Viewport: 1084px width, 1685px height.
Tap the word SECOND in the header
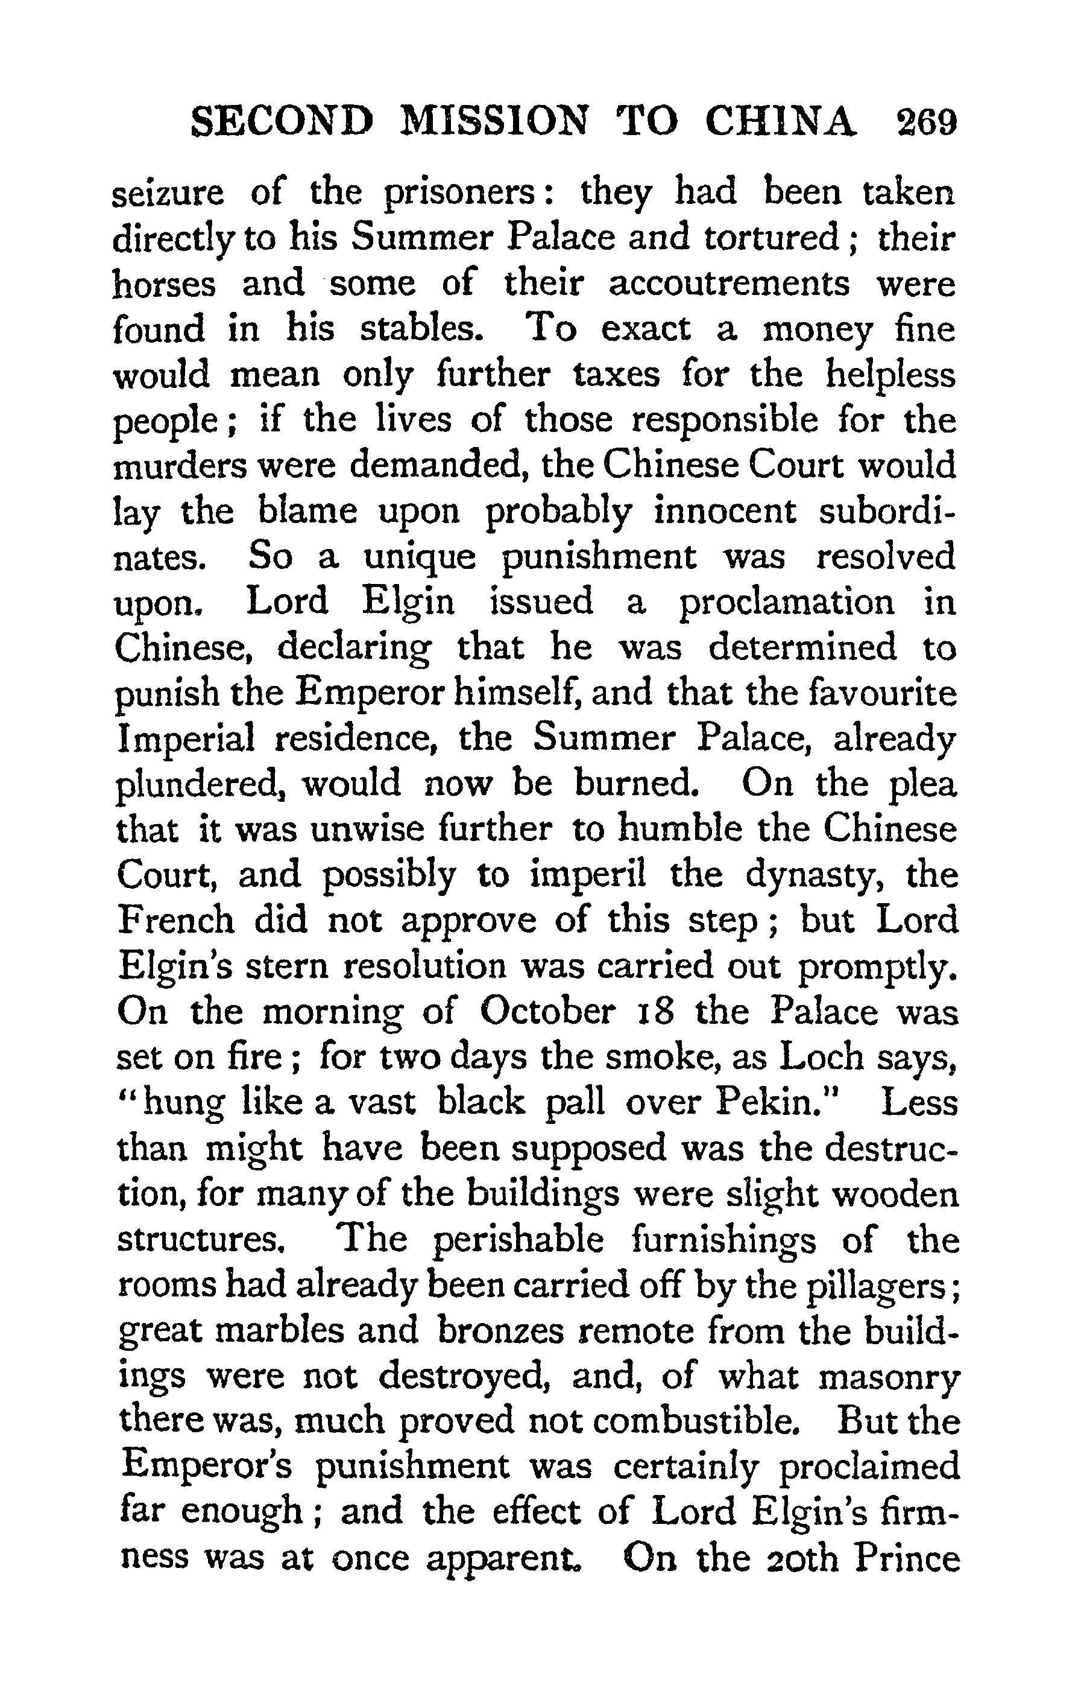[x=281, y=122]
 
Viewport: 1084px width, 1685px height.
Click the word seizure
[x=168, y=193]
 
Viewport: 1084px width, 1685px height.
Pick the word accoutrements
[x=728, y=284]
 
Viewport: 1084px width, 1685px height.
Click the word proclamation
[x=787, y=603]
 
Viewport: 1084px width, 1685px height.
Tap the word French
[x=176, y=921]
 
